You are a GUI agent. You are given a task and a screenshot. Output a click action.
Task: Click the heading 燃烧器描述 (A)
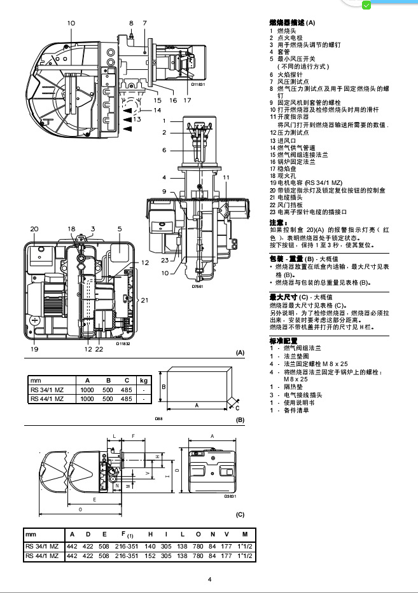[292, 22]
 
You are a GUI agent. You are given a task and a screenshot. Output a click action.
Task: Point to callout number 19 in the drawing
[34, 348]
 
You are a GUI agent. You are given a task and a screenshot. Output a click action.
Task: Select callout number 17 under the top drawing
[187, 100]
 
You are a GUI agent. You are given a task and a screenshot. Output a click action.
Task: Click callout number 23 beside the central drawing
[165, 260]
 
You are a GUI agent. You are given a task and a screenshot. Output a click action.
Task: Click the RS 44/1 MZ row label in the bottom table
[43, 556]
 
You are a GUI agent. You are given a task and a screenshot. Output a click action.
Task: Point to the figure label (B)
[240, 421]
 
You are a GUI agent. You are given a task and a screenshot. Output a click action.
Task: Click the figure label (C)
[240, 514]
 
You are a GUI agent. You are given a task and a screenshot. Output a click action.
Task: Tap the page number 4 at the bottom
[209, 580]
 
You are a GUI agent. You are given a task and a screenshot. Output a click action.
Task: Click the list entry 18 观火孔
[284, 175]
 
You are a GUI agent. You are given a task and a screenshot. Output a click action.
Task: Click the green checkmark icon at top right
[366, 5]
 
